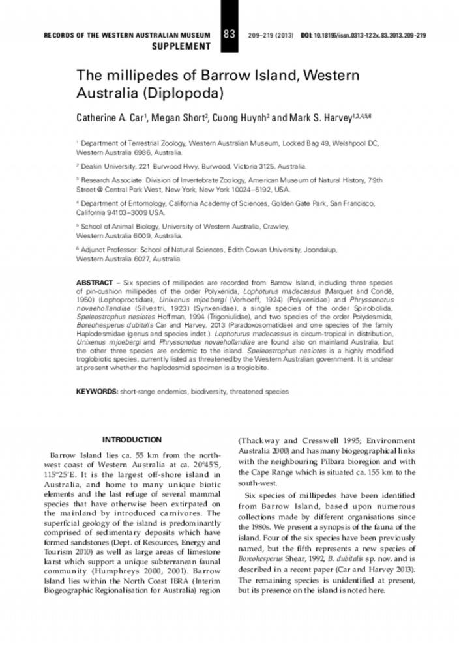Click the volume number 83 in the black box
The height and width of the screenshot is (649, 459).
[229, 34]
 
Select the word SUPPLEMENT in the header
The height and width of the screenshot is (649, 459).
[181, 46]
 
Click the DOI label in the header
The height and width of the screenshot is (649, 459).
[306, 35]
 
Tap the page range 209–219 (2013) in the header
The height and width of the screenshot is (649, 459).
[271, 35]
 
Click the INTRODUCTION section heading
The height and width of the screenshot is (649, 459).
[132, 440]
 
